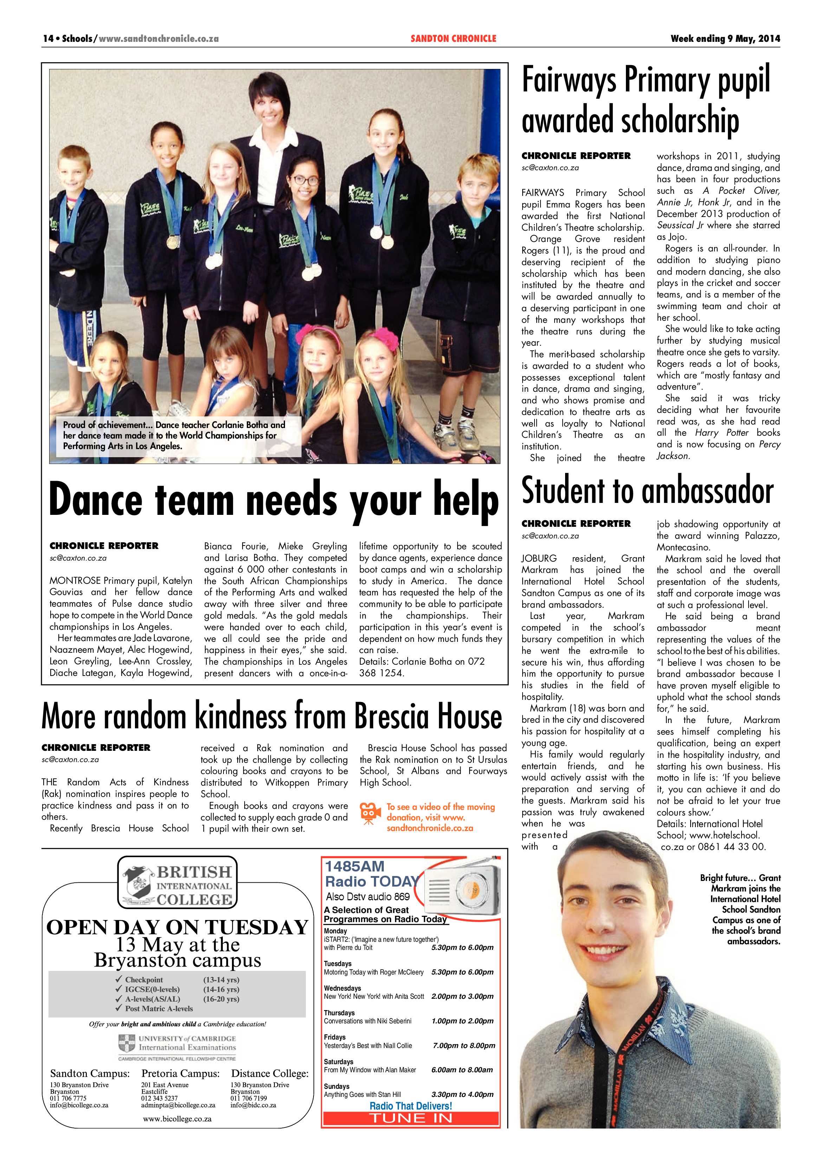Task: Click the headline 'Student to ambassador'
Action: (x=647, y=491)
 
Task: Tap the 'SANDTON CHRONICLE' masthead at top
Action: (x=453, y=38)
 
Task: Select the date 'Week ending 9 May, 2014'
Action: (x=725, y=38)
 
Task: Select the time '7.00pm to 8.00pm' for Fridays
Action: (x=464, y=1046)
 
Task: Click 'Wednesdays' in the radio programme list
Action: (x=342, y=988)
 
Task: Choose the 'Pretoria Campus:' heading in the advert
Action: (x=180, y=1073)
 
